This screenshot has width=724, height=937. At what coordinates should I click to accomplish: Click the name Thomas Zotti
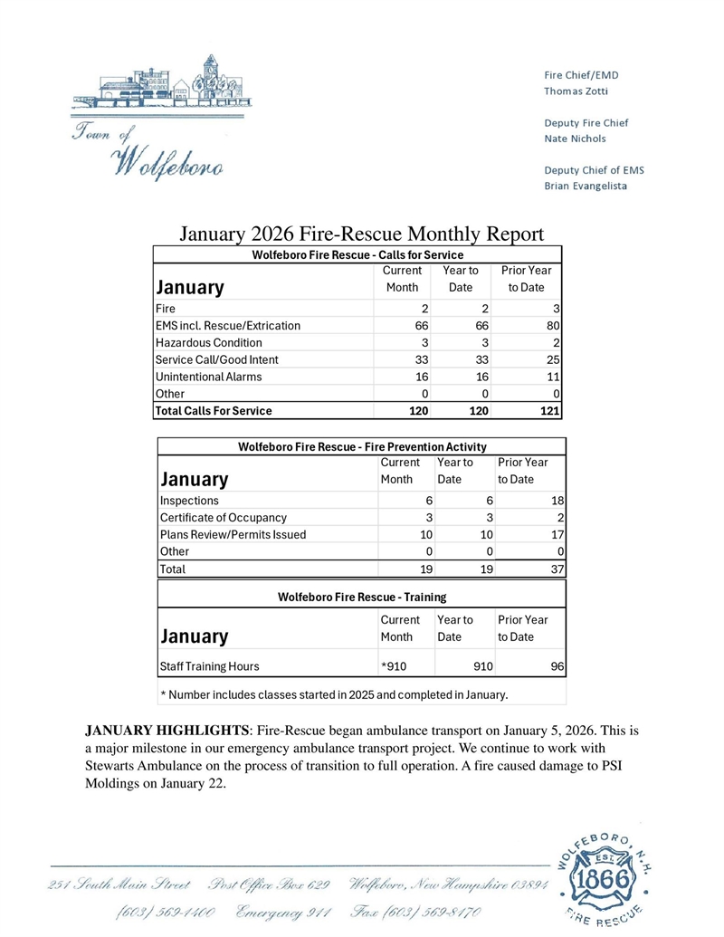[576, 91]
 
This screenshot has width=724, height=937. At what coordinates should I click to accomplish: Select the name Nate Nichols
[575, 139]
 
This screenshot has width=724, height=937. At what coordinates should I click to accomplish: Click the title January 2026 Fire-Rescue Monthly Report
[360, 234]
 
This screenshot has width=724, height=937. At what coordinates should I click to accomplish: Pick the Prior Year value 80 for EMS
[552, 325]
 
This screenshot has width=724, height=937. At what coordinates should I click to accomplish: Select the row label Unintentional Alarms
[209, 377]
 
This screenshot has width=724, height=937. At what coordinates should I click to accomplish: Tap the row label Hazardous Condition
[209, 342]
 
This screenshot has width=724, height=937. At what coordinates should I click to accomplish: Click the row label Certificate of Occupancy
[224, 517]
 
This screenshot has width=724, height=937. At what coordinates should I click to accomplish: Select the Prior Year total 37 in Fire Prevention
[557, 569]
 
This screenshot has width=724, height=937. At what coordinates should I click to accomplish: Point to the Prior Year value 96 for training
[557, 666]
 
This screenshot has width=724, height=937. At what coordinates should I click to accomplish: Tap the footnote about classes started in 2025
[334, 695]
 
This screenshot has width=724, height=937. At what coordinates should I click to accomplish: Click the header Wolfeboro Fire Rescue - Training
[361, 597]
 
